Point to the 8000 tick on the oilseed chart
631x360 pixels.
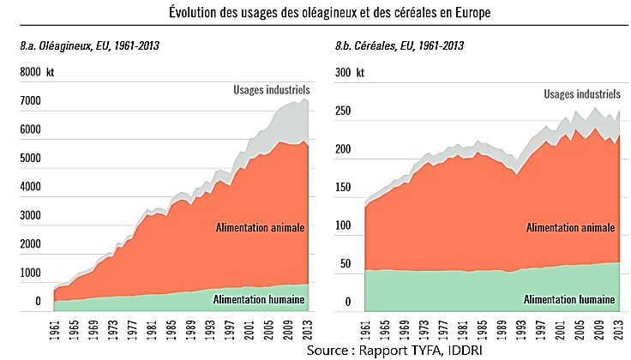(30, 73)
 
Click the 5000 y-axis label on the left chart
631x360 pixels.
(30, 159)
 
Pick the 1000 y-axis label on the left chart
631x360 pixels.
(30, 273)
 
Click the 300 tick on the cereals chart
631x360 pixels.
(343, 73)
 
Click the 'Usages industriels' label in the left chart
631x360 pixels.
(272, 89)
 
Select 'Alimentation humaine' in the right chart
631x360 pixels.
(569, 299)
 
